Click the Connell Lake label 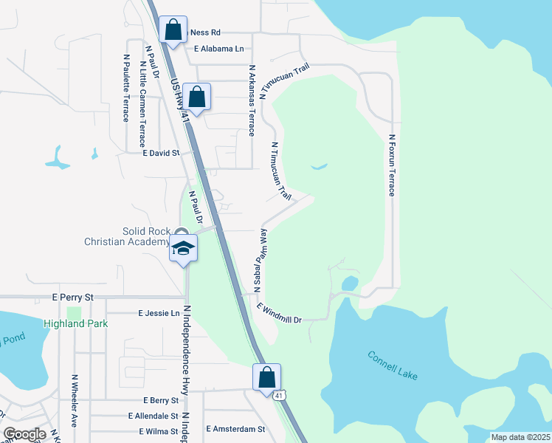[x=393, y=365]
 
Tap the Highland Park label [x=76, y=323]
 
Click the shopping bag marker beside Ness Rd [x=172, y=31]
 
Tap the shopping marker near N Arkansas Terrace [x=197, y=97]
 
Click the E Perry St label [x=73, y=297]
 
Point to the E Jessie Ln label [x=159, y=313]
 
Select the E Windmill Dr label [x=280, y=313]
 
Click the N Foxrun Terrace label [x=392, y=165]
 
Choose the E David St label [x=162, y=153]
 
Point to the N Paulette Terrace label [x=126, y=87]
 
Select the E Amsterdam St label [x=235, y=429]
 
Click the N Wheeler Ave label [x=74, y=401]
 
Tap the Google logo [x=24, y=434]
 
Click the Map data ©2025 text [x=520, y=437]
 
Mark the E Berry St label [x=156, y=400]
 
